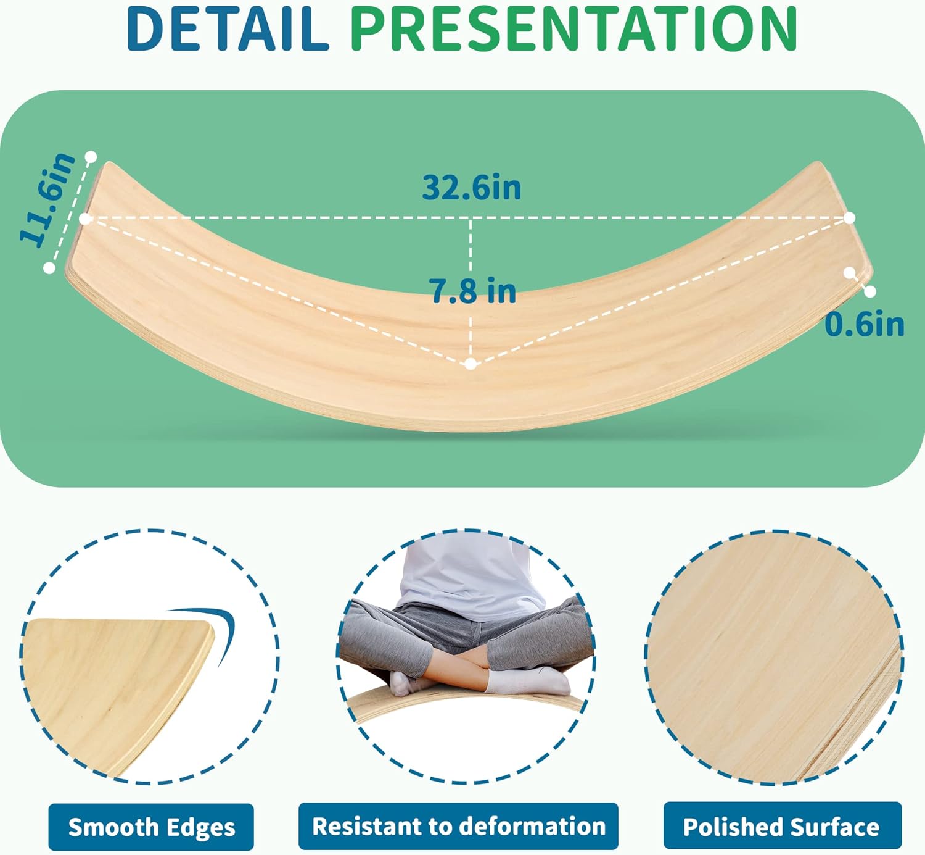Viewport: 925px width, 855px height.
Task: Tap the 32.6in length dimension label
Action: point(471,187)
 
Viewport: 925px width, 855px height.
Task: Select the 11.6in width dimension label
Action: point(47,199)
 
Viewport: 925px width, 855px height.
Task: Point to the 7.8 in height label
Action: point(472,291)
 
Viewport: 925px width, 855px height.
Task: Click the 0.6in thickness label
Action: point(864,323)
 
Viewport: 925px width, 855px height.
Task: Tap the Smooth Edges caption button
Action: point(151,827)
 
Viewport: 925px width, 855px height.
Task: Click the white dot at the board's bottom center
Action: point(471,364)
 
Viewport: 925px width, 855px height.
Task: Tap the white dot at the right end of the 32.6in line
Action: point(850,217)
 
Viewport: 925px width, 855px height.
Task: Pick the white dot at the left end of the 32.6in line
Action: point(85,219)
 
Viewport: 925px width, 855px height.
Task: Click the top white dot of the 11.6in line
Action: point(91,157)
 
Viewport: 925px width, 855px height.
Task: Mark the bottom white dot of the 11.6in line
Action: point(49,268)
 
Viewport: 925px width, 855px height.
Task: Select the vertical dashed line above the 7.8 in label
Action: point(471,246)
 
